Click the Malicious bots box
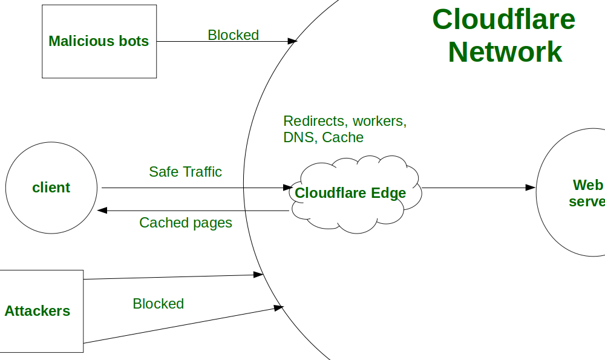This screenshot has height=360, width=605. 99,41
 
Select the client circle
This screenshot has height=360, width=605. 51,188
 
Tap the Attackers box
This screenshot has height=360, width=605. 40,311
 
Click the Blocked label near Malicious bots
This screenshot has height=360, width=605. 233,35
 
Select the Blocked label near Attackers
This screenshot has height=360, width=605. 158,304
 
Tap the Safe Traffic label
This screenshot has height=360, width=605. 185,172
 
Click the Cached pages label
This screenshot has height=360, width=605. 185,223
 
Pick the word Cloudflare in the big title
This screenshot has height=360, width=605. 503,19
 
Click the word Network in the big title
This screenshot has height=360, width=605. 505,52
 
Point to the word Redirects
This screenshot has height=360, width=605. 316,121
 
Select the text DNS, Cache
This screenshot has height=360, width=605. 323,137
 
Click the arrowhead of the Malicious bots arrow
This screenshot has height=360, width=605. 292,41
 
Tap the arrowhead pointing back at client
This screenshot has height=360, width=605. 102,211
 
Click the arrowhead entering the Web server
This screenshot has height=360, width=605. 531,188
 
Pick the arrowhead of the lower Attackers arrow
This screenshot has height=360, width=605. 279,308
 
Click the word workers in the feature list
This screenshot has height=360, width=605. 379,121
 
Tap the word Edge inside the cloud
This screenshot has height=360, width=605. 388,194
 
